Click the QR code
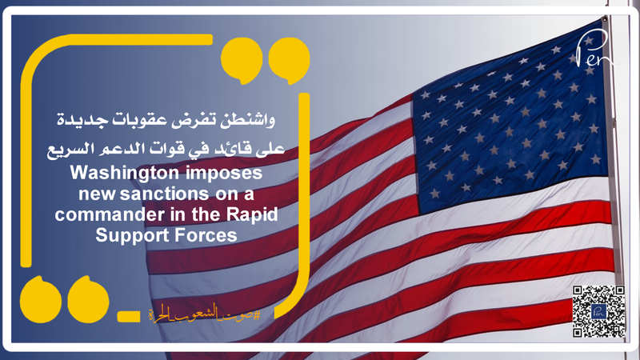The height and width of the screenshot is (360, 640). [599, 310]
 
